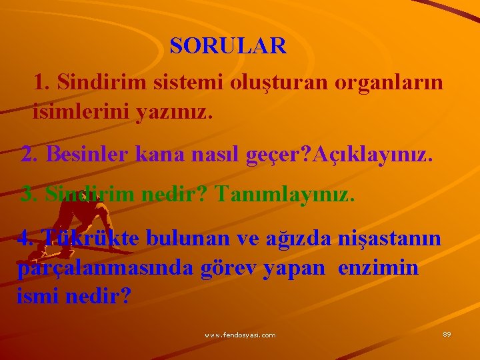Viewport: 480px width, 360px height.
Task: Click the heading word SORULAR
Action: pos(228,45)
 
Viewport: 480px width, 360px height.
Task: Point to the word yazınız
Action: pos(173,112)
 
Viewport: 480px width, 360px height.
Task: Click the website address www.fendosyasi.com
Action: pos(240,335)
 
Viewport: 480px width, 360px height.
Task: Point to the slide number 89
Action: pos(447,333)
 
